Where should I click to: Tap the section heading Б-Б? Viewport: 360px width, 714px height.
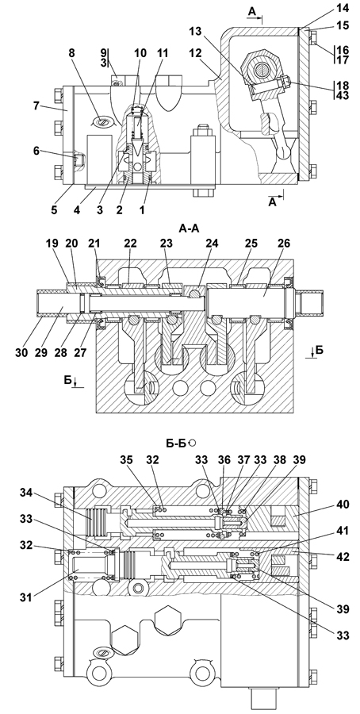(175, 442)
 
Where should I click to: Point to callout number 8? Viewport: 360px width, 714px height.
(72, 53)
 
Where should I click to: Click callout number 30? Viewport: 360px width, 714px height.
(22, 352)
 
